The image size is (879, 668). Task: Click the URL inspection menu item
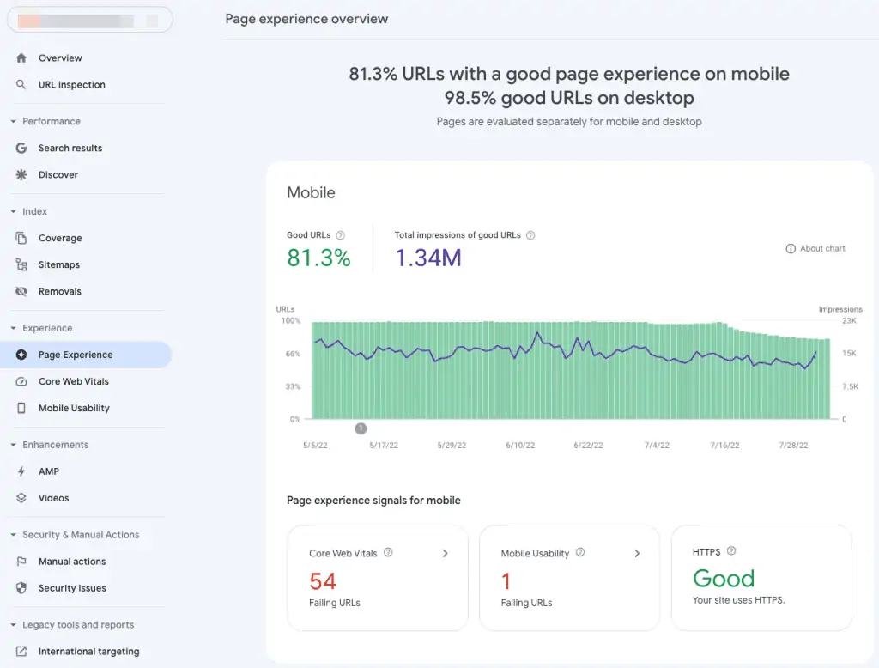tap(71, 85)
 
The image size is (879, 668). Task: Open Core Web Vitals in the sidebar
tap(73, 381)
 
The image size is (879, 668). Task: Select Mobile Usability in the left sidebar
tap(74, 408)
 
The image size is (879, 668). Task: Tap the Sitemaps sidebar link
tap(58, 264)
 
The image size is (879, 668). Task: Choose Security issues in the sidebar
tap(72, 588)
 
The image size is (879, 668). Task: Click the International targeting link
tap(88, 652)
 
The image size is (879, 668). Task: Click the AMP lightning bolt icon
tap(21, 471)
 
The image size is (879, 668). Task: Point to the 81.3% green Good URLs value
tap(318, 258)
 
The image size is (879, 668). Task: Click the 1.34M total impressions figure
tap(427, 258)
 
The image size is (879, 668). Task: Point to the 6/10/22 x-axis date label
tap(520, 446)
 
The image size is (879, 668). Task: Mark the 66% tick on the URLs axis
tap(292, 354)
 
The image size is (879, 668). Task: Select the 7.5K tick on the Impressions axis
tap(850, 386)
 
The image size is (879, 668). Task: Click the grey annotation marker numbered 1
tap(361, 428)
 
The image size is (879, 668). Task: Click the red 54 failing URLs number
tap(323, 581)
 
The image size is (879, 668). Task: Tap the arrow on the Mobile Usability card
tap(637, 554)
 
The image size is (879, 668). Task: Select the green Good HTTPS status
tap(724, 578)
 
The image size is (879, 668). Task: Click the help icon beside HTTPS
tap(731, 551)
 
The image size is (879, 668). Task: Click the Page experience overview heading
tap(306, 19)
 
